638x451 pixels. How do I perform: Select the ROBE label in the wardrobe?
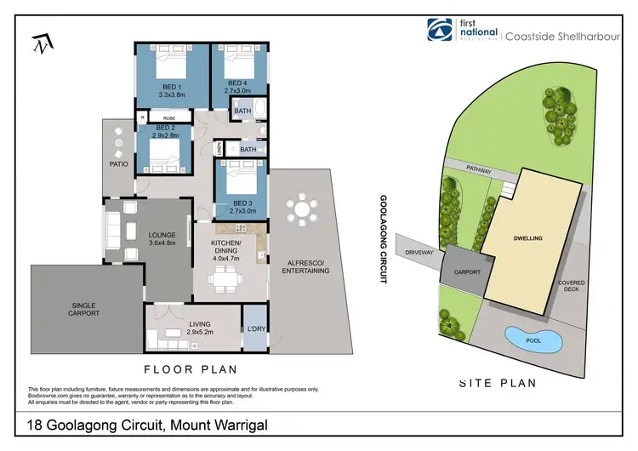[170, 118]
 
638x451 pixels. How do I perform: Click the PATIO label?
[117, 163]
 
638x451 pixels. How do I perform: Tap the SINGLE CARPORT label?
[83, 309]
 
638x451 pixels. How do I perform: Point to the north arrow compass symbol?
[40, 45]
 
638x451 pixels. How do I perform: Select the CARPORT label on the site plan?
[467, 273]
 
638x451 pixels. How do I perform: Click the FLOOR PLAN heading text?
[190, 369]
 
